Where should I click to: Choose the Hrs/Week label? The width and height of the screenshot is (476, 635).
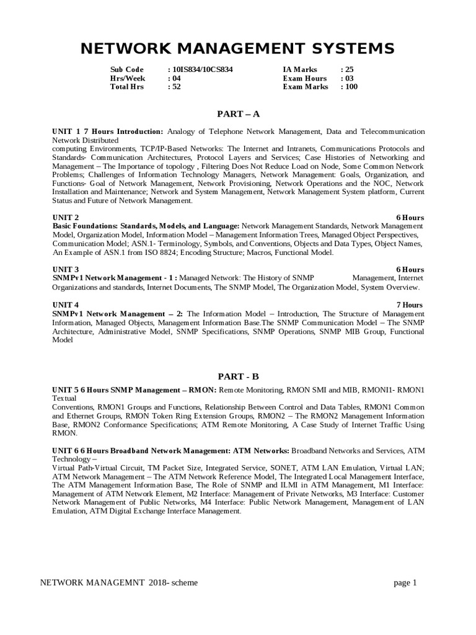[x=128, y=78]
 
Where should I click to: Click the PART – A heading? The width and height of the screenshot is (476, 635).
[x=238, y=113]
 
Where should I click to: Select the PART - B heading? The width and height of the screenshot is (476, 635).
[x=238, y=376]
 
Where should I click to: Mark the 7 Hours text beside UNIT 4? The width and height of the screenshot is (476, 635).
[x=410, y=304]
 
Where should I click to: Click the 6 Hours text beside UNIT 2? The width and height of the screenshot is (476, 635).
[x=410, y=218]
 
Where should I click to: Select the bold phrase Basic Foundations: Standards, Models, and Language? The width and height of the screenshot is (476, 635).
[x=146, y=226]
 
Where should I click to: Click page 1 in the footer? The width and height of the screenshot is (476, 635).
[x=405, y=582]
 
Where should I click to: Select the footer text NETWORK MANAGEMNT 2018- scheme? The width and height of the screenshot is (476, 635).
[x=119, y=582]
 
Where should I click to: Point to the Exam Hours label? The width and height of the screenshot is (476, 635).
[x=304, y=78]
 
